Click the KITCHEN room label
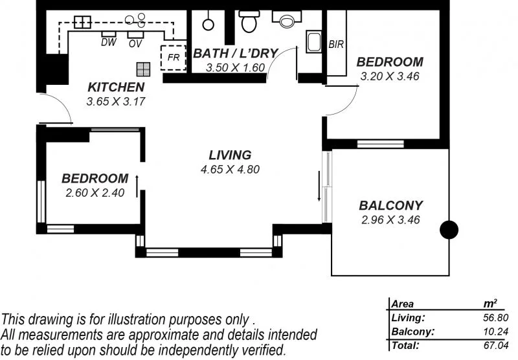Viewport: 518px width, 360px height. (x=116, y=87)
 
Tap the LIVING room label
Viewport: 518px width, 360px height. (x=230, y=155)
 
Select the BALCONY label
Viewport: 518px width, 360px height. (x=390, y=206)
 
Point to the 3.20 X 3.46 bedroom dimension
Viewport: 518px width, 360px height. (x=390, y=76)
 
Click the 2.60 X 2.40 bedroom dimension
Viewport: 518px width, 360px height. (x=95, y=192)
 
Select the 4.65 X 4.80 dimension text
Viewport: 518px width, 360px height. (x=230, y=170)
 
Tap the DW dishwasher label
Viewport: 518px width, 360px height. (x=108, y=43)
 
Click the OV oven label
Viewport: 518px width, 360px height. (x=135, y=43)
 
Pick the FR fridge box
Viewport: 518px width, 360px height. (x=174, y=57)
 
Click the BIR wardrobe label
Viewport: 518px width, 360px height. (x=336, y=45)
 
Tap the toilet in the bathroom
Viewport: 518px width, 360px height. (x=248, y=22)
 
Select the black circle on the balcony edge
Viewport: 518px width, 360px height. (x=449, y=230)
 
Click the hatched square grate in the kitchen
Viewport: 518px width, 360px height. (x=143, y=69)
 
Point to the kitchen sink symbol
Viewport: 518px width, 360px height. (x=82, y=22)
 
